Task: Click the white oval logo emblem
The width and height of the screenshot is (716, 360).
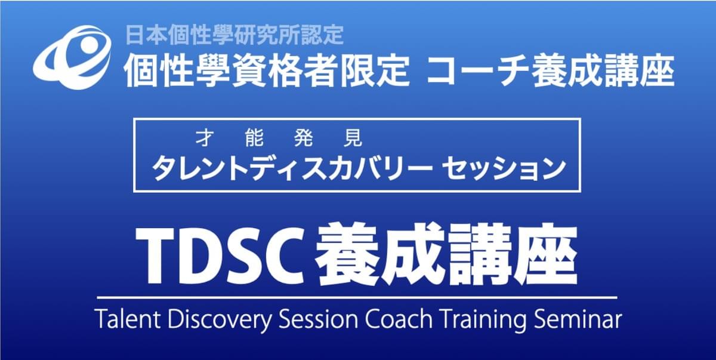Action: [73, 57]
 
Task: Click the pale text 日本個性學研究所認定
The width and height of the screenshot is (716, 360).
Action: [234, 35]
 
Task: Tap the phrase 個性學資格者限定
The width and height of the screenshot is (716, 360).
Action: [267, 71]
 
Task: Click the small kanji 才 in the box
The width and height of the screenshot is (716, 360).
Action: [204, 139]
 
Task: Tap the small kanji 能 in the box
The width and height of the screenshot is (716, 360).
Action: [254, 139]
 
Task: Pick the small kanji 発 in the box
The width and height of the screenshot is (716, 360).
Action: [303, 139]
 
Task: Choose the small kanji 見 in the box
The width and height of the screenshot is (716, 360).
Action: [353, 139]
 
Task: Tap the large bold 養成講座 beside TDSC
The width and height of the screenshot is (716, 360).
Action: [446, 255]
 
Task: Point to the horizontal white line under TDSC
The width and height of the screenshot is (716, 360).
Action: [357, 298]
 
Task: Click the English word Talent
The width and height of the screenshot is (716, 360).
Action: [128, 319]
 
